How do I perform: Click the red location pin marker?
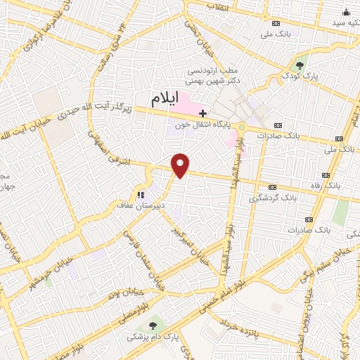point(181,165)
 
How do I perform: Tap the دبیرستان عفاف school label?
point(140,205)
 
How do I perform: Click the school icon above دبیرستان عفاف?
point(140,194)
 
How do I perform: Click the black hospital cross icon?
point(203,112)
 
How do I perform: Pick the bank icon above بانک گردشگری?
point(273,187)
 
